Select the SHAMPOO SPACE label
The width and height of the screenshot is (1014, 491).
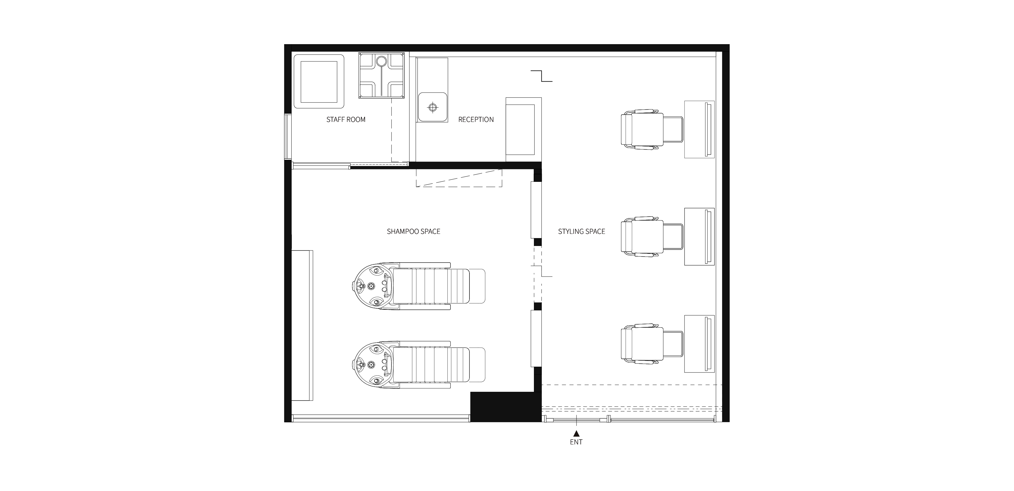413,231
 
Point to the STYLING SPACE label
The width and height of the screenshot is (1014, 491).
581,231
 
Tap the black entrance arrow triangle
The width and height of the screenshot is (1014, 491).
576,434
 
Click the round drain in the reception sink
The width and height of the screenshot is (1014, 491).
433,107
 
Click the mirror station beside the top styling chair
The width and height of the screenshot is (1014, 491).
699,129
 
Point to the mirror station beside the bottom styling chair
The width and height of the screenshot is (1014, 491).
699,344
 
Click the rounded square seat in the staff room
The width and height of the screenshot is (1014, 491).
319,81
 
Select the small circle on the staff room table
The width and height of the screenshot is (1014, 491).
381,61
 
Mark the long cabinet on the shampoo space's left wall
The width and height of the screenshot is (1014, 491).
302,325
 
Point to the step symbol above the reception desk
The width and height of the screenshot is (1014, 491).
542,76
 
